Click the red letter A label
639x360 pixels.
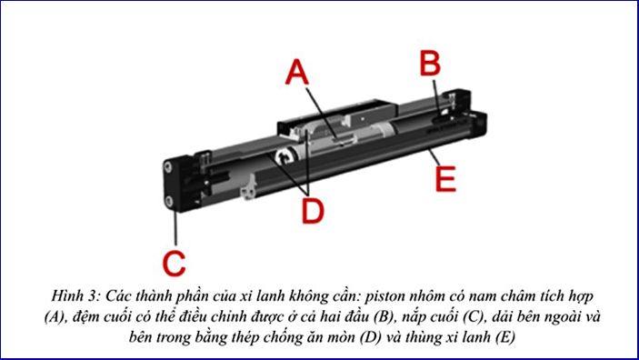pyautogui.click(x=296, y=72)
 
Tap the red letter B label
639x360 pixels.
pyautogui.click(x=430, y=64)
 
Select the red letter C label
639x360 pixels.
pyautogui.click(x=174, y=263)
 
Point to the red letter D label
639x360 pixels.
pyautogui.click(x=313, y=211)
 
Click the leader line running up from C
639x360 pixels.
pyautogui.click(x=175, y=228)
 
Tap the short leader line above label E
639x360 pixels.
pyautogui.click(x=434, y=157)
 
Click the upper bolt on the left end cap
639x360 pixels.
pyautogui.click(x=168, y=166)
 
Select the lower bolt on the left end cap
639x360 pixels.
pyautogui.click(x=169, y=200)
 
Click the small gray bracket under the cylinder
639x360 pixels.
pyautogui.click(x=248, y=188)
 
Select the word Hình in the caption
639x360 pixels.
pyautogui.click(x=65, y=295)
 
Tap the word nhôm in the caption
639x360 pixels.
pyautogui.click(x=426, y=295)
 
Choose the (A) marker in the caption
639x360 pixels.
pyautogui.click(x=54, y=317)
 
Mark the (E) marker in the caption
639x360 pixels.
pyautogui.click(x=505, y=337)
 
